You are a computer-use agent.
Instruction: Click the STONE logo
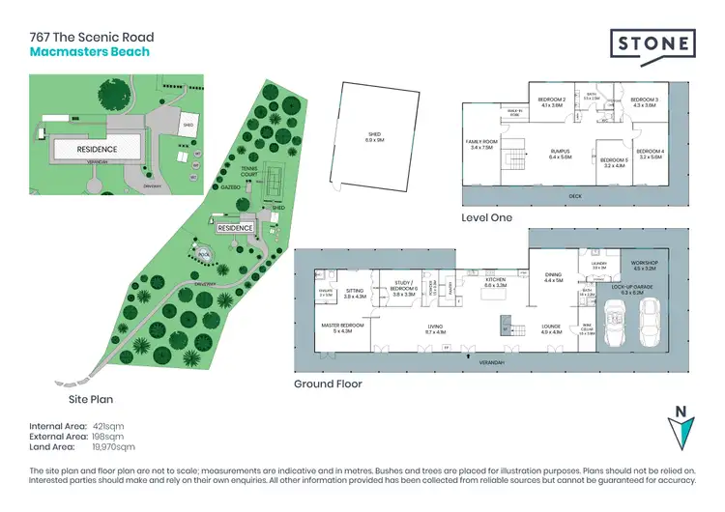pyautogui.click(x=653, y=44)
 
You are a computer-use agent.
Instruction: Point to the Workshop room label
pyautogui.click(x=645, y=265)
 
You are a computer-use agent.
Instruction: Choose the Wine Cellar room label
pyautogui.click(x=586, y=329)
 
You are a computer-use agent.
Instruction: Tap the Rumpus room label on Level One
pyautogui.click(x=562, y=154)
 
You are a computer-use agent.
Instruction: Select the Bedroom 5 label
pyautogui.click(x=614, y=163)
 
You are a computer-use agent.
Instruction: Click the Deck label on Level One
pyautogui.click(x=575, y=196)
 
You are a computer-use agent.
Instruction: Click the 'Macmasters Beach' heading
pyautogui.click(x=89, y=51)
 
